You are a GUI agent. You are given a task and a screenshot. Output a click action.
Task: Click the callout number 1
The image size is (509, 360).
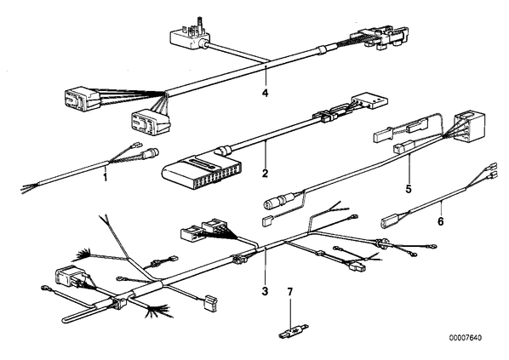105,178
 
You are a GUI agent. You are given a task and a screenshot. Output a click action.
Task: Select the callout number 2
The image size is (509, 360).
265,174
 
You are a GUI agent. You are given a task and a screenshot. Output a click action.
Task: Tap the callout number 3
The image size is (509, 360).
265,291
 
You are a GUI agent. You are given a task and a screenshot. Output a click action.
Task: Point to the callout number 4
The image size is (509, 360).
266,93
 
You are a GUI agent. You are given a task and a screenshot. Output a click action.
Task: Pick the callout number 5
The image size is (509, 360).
409,189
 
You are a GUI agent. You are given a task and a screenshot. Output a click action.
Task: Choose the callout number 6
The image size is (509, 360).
440,221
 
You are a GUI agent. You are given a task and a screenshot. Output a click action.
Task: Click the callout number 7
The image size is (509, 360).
290,292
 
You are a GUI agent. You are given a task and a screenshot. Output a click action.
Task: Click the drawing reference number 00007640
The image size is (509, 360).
466,338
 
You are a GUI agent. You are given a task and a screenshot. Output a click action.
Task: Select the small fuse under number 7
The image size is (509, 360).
294,331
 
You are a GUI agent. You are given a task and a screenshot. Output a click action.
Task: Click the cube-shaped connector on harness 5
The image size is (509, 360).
469,127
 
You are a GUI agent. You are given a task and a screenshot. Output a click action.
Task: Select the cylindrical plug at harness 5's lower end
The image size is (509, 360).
277,200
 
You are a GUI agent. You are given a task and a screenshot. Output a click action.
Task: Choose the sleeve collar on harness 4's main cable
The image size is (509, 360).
321,49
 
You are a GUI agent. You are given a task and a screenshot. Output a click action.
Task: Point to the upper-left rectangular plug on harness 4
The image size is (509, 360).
82,99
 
